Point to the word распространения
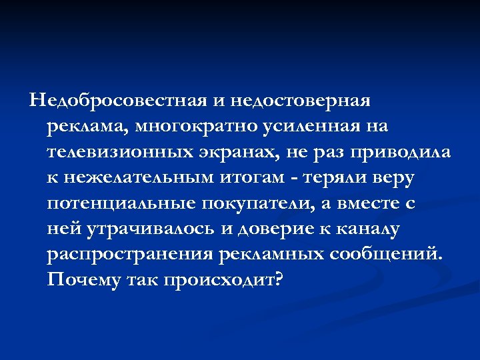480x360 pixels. click(x=131, y=255)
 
